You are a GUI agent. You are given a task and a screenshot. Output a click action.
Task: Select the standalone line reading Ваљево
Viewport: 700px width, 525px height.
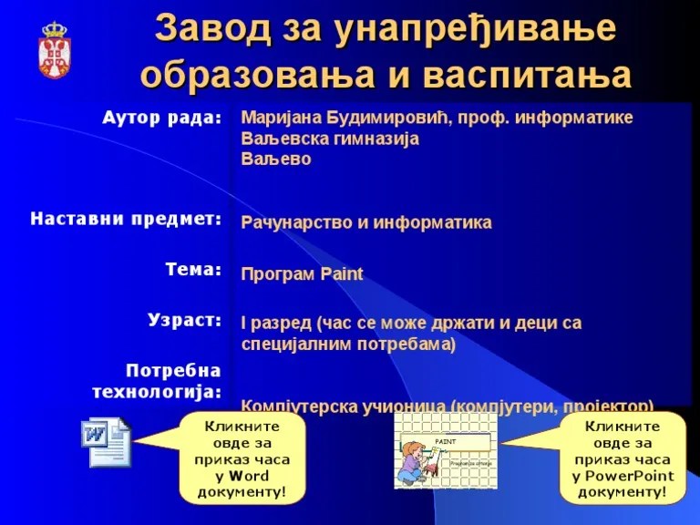pyautogui.click(x=276, y=159)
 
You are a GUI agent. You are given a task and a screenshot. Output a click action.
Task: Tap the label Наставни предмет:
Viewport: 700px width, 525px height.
pyautogui.click(x=126, y=219)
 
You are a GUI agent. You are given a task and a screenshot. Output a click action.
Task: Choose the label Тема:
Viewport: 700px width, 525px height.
pyautogui.click(x=193, y=270)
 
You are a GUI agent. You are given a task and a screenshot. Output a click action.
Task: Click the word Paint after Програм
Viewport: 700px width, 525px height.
pyautogui.click(x=342, y=273)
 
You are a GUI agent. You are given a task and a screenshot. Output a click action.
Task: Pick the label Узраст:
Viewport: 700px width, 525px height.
pyautogui.click(x=184, y=320)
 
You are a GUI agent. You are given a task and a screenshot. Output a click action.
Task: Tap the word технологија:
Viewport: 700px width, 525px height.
pyautogui.click(x=157, y=392)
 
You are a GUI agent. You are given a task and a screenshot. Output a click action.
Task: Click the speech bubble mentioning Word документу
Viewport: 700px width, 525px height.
pyautogui.click(x=242, y=458)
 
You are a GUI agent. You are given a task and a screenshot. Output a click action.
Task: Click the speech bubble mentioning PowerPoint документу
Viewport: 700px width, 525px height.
pyautogui.click(x=623, y=458)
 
